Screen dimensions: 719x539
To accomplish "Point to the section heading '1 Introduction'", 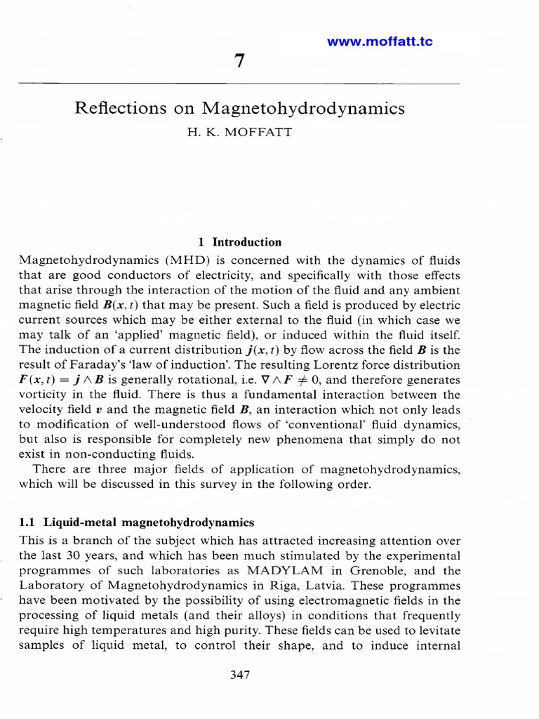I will [x=240, y=242].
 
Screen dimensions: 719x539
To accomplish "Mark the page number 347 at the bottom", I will [x=240, y=675].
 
